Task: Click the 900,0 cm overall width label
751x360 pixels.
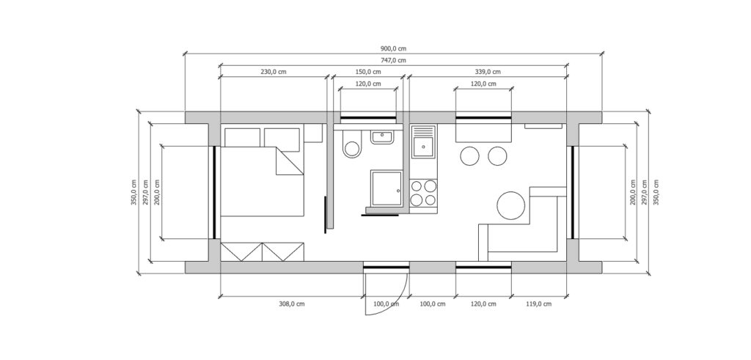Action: (393, 49)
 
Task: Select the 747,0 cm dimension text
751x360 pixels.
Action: (393, 60)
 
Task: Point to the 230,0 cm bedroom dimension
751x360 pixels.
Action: (274, 72)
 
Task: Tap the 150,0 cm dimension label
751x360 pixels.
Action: (368, 72)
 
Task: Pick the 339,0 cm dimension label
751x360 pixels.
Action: (488, 72)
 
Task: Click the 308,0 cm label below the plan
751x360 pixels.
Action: (292, 304)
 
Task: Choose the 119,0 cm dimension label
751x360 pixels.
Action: (539, 304)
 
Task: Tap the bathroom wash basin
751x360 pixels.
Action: (381, 137)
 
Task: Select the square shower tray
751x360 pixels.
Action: (386, 188)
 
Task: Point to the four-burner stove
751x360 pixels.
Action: (424, 193)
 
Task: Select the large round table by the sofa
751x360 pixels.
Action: (511, 205)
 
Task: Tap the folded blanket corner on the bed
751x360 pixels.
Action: (289, 161)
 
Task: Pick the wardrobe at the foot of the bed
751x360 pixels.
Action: (263, 251)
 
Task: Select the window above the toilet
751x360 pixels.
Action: (368, 117)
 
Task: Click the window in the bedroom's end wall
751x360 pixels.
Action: (215, 192)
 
